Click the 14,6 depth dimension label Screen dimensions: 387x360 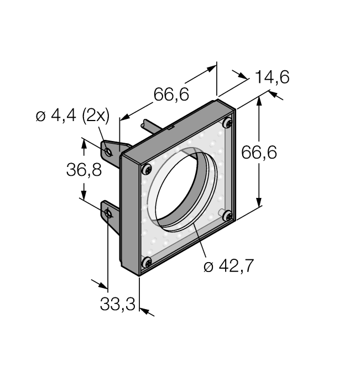[272, 77]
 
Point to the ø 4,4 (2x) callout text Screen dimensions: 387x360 [72, 116]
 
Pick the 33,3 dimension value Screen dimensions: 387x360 [118, 303]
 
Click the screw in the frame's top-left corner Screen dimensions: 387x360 [147, 169]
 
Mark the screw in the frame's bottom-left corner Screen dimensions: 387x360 [147, 263]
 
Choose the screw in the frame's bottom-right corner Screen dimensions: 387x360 [227, 217]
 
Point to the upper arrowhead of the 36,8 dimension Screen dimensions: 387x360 [84, 143]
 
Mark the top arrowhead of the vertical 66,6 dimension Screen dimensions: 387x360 [259, 103]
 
